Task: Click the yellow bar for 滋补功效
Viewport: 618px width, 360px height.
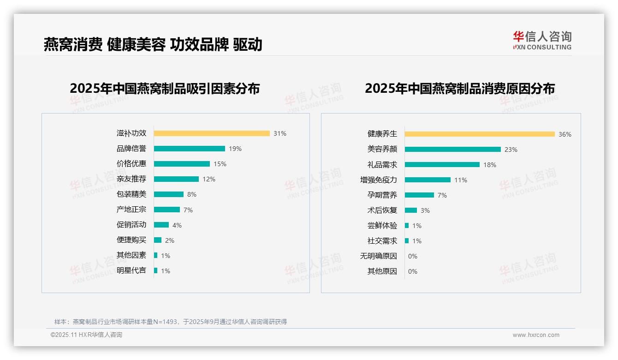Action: (212, 133)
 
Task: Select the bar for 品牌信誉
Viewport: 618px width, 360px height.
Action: (190, 149)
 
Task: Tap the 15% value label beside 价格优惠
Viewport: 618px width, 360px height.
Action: (220, 164)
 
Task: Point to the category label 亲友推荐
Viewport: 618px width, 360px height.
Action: (131, 179)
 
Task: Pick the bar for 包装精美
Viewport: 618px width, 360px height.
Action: (169, 194)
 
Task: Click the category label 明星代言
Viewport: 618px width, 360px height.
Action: (131, 270)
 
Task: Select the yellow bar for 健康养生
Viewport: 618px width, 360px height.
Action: (480, 134)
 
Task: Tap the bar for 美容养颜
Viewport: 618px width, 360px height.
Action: (453, 150)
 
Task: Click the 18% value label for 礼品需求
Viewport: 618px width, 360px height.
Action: (490, 165)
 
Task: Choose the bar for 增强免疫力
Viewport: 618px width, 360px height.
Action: (428, 180)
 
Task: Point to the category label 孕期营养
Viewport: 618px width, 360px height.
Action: (382, 195)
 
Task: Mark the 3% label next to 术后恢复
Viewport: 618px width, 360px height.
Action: (425, 210)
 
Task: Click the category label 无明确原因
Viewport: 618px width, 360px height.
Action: (379, 256)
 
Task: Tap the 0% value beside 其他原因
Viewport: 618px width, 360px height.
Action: (413, 271)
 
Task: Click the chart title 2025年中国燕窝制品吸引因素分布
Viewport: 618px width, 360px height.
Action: (165, 89)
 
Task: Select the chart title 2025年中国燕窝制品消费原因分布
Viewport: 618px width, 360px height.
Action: (460, 89)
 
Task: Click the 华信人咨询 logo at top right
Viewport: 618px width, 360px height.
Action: (542, 41)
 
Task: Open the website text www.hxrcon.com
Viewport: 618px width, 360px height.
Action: (536, 335)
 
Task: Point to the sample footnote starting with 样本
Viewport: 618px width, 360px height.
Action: (171, 322)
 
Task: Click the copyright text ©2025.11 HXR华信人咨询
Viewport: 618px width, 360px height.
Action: (86, 335)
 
